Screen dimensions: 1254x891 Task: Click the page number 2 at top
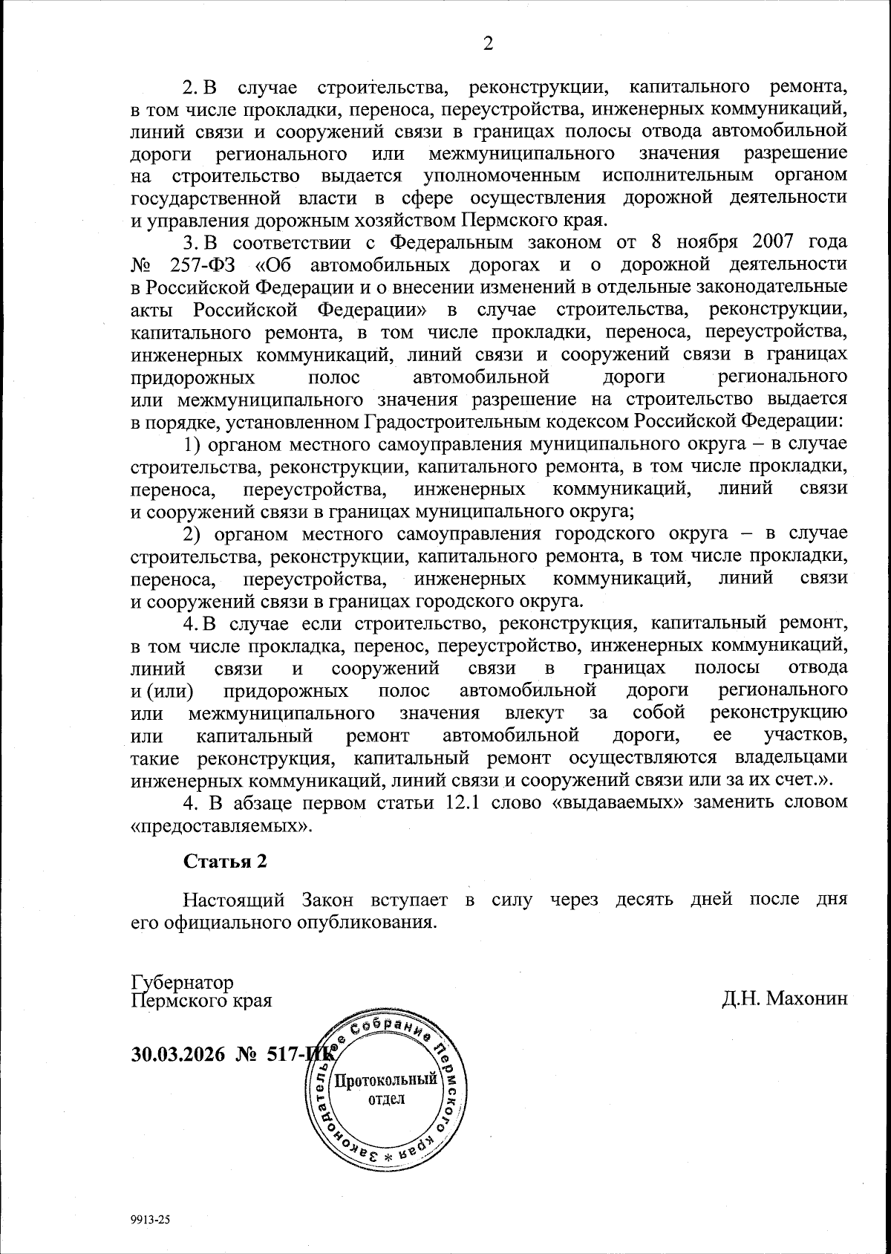coord(488,44)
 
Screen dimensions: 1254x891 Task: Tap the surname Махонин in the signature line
coord(806,999)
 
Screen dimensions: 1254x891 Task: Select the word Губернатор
coord(182,982)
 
